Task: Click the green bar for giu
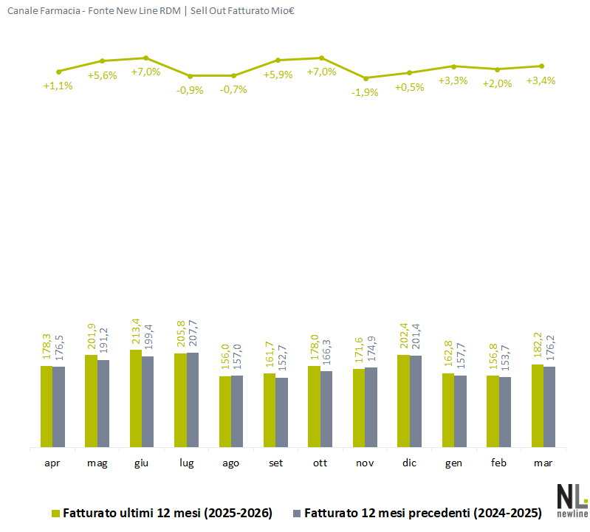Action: [136, 398]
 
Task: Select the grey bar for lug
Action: [193, 400]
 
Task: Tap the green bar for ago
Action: [224, 412]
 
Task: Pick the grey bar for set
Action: [281, 412]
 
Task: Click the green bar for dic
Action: [403, 401]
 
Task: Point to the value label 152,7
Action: [281, 362]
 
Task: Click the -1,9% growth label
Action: [365, 92]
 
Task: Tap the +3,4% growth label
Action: [541, 80]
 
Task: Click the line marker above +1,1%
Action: [58, 72]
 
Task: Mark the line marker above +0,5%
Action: [410, 72]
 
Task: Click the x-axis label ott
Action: [320, 463]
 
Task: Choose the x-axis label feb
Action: [498, 463]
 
